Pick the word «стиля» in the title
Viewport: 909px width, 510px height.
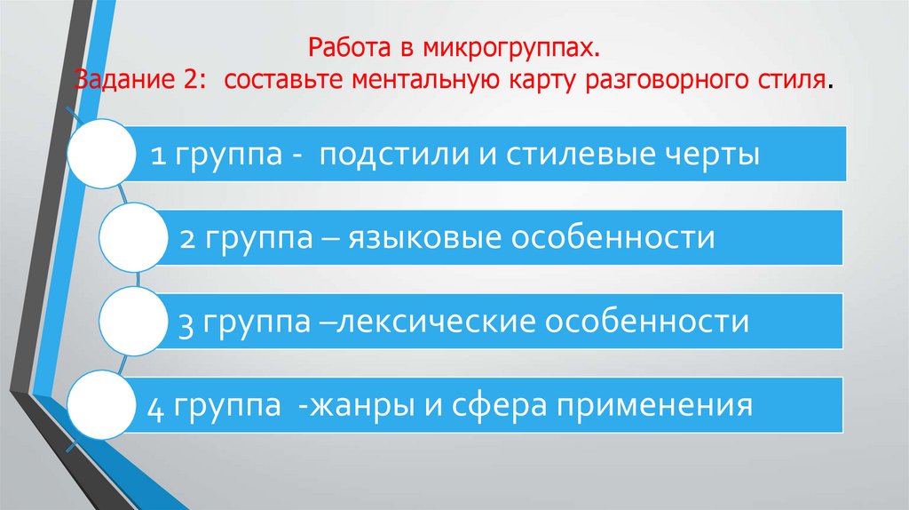pos(797,84)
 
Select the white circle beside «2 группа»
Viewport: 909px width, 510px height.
pos(130,236)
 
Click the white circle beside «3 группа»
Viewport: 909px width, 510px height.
pos(130,322)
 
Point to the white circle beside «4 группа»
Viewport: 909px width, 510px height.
pos(99,406)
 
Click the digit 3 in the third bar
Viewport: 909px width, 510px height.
pos(186,322)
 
